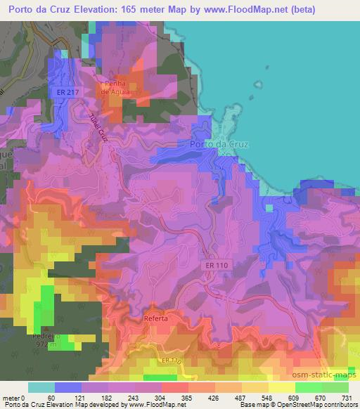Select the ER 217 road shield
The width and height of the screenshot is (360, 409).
tap(62, 93)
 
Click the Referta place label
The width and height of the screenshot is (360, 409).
tap(155, 318)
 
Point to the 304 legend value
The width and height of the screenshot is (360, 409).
tap(161, 397)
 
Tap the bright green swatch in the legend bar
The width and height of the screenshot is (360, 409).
tap(308, 387)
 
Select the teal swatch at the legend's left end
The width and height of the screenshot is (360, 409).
tap(41, 387)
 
